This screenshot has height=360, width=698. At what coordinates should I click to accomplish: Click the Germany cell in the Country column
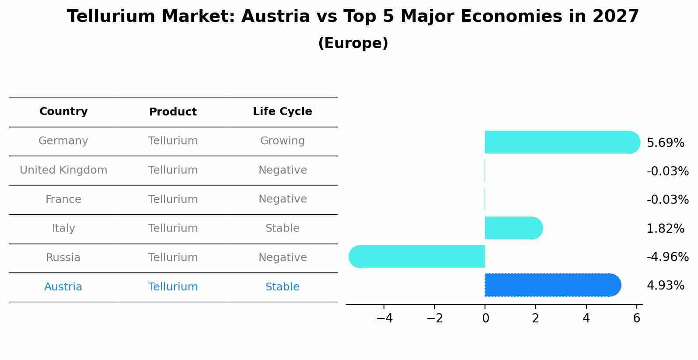point(63,141)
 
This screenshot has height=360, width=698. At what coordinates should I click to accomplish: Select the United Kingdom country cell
point(63,170)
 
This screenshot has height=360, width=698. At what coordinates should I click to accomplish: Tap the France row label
point(63,199)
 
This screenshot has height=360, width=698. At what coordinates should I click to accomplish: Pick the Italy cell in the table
point(63,228)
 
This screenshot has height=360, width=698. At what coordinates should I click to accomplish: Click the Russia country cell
point(63,258)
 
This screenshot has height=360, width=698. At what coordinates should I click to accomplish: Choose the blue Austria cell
point(63,287)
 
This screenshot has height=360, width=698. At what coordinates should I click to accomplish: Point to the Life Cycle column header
point(283,112)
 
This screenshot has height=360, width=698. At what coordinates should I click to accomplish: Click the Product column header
point(173,112)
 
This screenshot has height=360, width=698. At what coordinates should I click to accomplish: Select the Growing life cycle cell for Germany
point(283,141)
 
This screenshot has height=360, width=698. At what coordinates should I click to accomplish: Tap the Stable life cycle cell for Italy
point(283,228)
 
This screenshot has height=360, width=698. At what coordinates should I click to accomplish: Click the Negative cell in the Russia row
point(283,258)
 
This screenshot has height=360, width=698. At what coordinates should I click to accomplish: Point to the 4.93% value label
point(665,286)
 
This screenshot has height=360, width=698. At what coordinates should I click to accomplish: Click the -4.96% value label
point(667,257)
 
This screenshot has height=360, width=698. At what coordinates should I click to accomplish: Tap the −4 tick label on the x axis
point(384,318)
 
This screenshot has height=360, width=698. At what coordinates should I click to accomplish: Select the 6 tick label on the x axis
point(636,318)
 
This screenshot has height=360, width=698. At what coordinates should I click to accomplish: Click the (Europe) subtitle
point(353,43)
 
